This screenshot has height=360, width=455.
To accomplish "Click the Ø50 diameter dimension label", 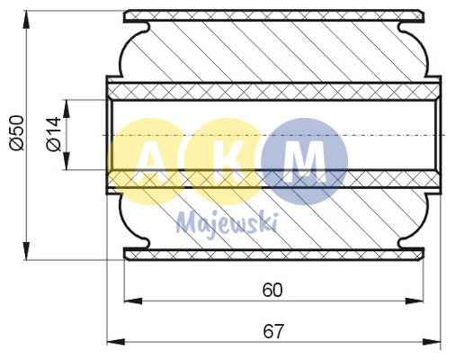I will (x=15, y=131).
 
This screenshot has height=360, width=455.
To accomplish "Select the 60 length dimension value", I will (x=272, y=290).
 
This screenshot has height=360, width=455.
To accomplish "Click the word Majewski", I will (x=227, y=219).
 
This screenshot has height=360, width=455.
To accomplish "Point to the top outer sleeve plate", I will (x=273, y=15).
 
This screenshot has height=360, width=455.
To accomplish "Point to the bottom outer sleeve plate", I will (x=273, y=256).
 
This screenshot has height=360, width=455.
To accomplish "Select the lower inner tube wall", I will (x=273, y=181).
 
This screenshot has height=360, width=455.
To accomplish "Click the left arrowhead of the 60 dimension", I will (x=128, y=301).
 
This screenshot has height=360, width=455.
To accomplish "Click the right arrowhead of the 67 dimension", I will (x=436, y=342).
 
